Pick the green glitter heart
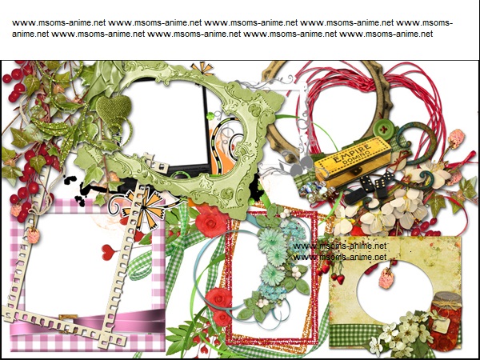(114, 107)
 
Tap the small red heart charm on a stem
(108, 252)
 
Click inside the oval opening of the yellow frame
(395, 291)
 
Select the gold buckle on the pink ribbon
(68, 318)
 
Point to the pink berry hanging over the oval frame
(386, 278)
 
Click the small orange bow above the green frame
(202, 69)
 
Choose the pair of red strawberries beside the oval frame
(336, 278)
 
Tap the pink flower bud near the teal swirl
(457, 138)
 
